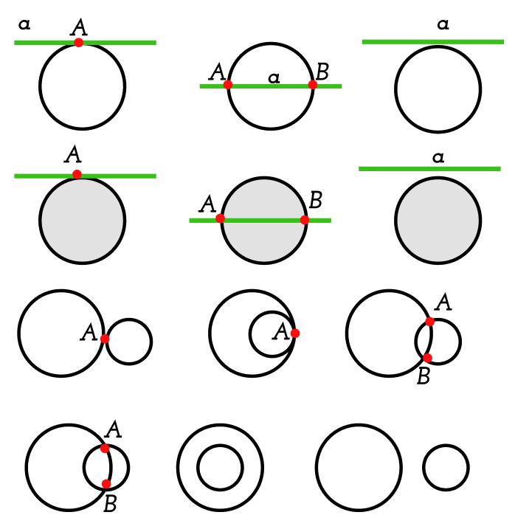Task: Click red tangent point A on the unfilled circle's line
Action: pyautogui.click(x=79, y=43)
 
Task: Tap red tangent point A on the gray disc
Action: pyautogui.click(x=77, y=175)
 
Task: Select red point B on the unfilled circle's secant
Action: pyautogui.click(x=313, y=85)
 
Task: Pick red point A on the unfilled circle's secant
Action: pyautogui.click(x=228, y=85)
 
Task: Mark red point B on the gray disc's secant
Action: pyautogui.click(x=304, y=219)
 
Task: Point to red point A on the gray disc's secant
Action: pyautogui.click(x=220, y=218)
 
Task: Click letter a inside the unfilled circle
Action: pyautogui.click(x=274, y=77)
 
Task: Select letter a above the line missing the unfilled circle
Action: pyautogui.click(x=443, y=25)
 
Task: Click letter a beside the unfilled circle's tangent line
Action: pyautogui.click(x=24, y=25)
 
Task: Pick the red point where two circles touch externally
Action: pyautogui.click(x=105, y=339)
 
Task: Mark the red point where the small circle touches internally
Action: pyautogui.click(x=295, y=333)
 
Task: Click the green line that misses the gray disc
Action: pyautogui.click(x=384, y=169)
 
